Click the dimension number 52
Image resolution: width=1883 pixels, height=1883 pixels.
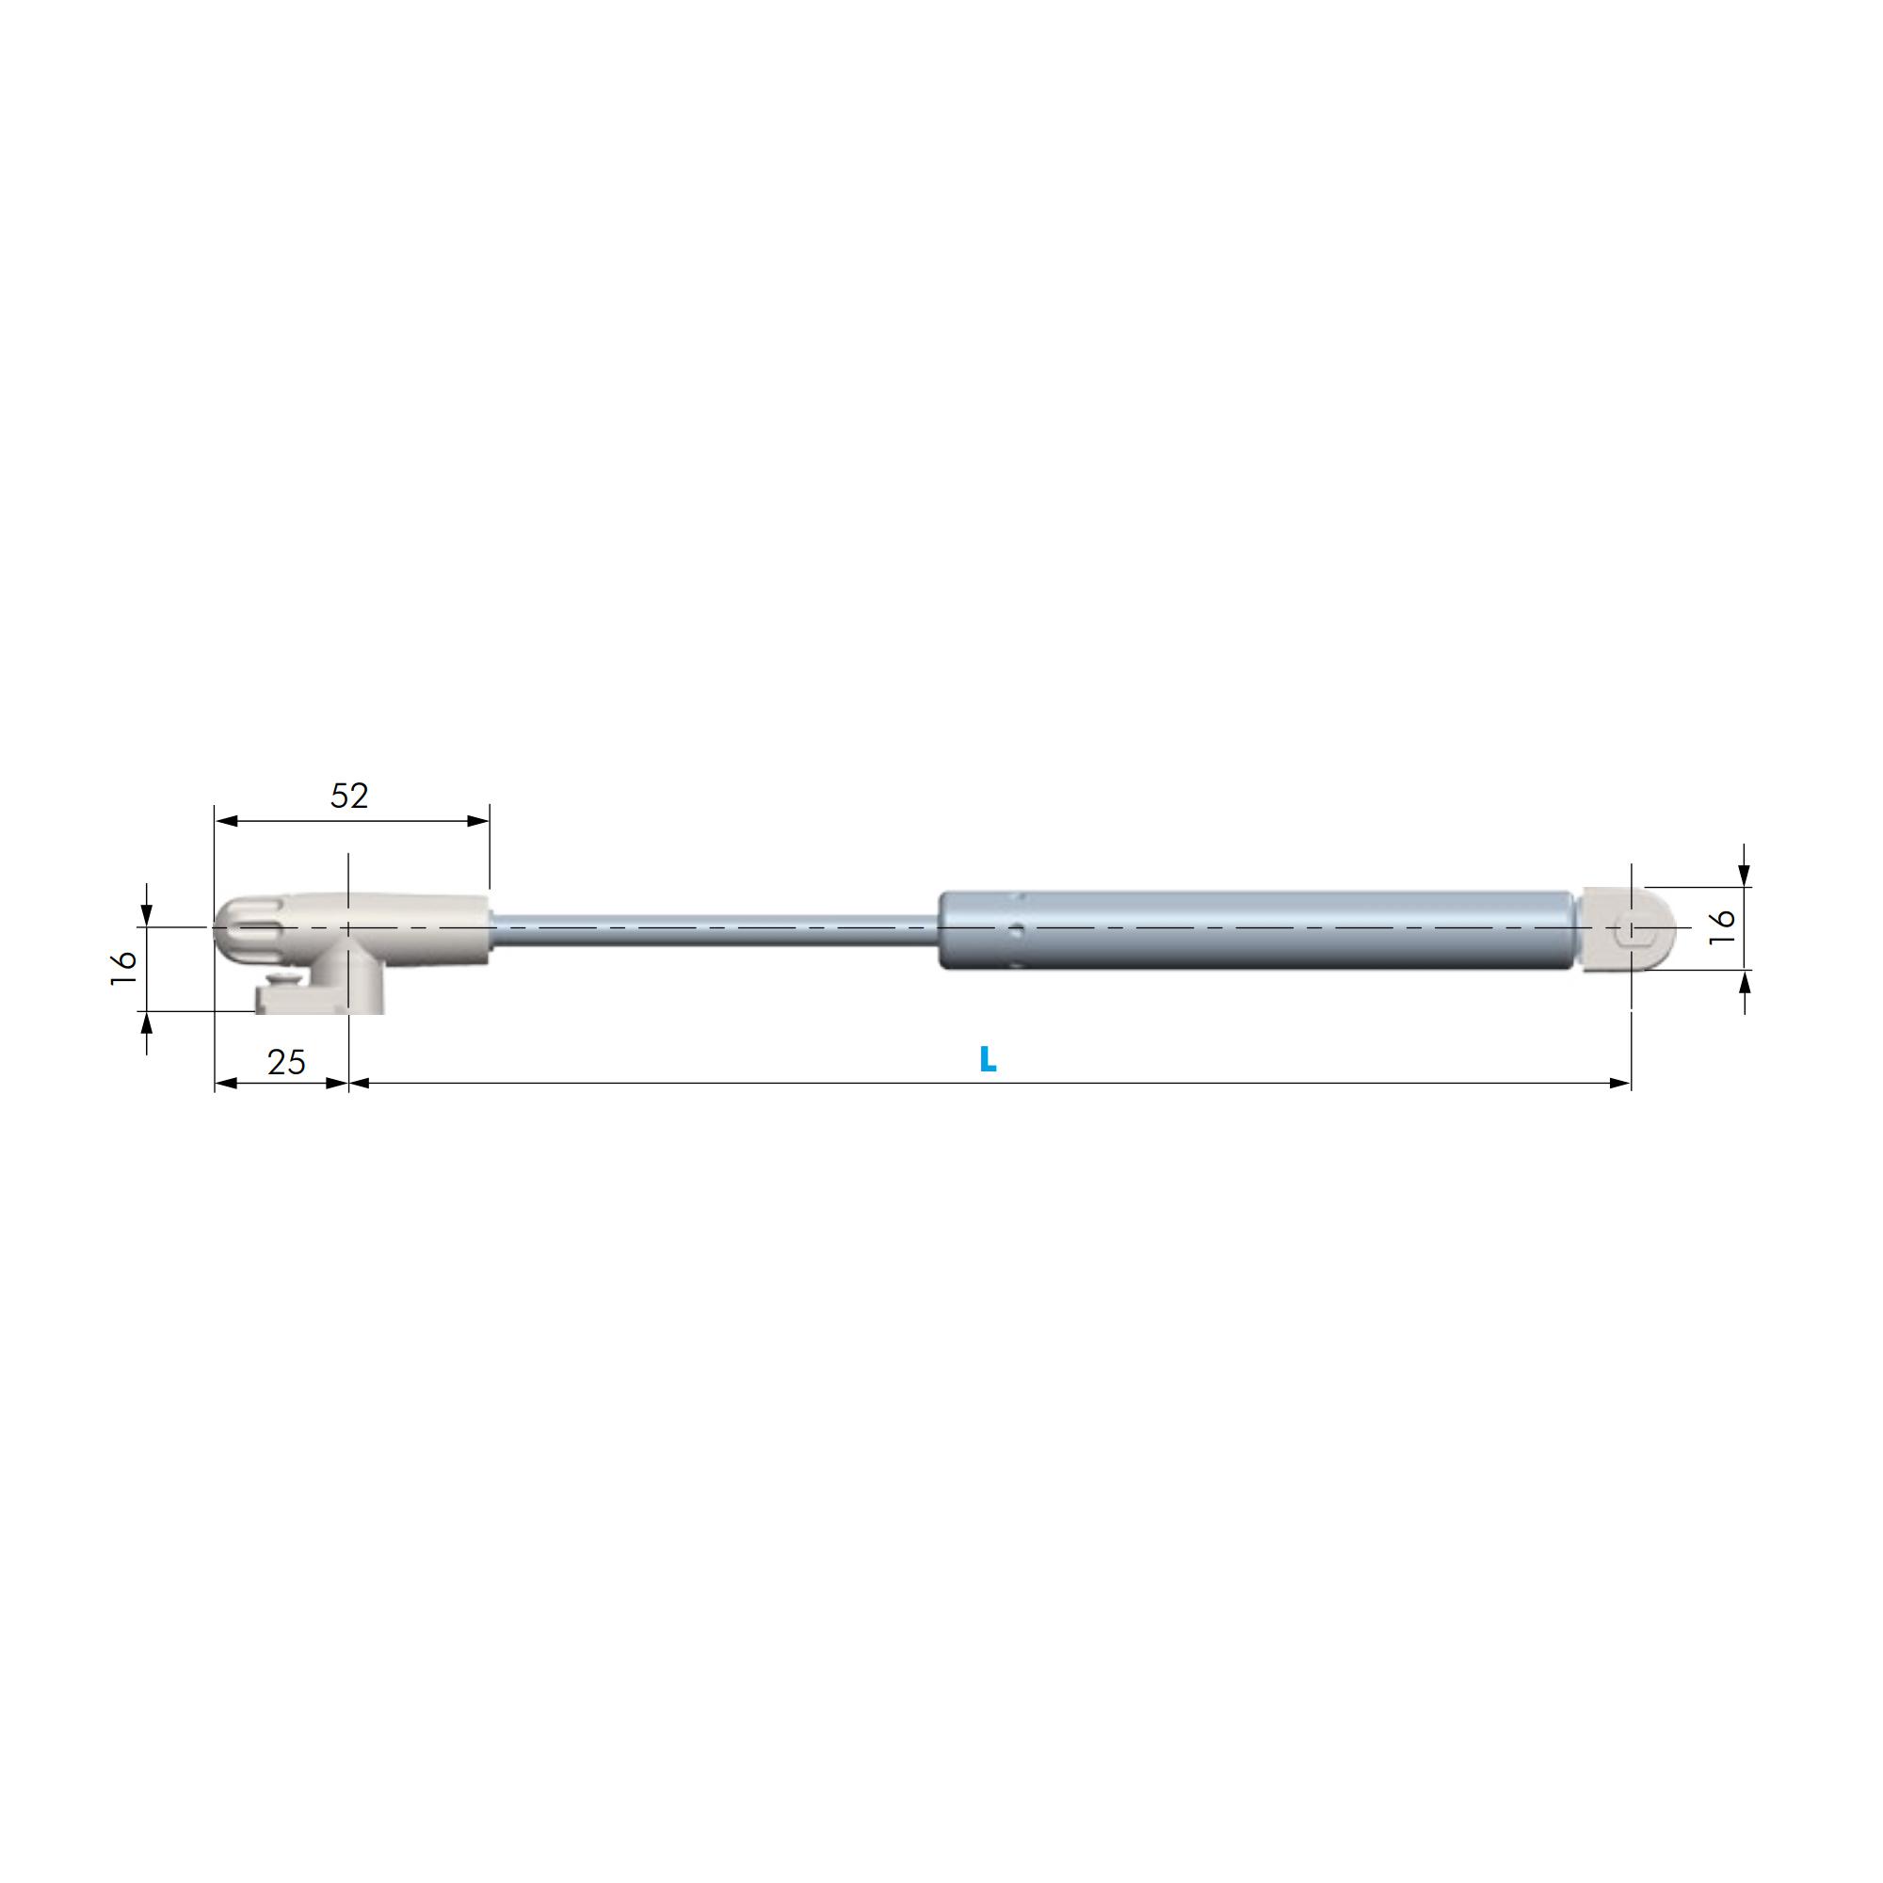pyautogui.click(x=349, y=797)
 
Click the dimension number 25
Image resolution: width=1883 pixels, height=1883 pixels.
pyautogui.click(x=285, y=1061)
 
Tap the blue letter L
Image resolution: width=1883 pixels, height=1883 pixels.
pyautogui.click(x=988, y=1058)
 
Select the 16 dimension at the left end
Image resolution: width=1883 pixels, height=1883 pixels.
pyautogui.click(x=123, y=968)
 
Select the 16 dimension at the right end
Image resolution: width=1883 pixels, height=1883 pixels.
pyautogui.click(x=1722, y=925)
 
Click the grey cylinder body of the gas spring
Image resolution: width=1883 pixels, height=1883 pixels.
pyautogui.click(x=1255, y=930)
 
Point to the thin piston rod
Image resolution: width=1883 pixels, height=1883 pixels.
pyautogui.click(x=715, y=930)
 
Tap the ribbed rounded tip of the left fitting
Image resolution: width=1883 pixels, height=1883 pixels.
pyautogui.click(x=247, y=929)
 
